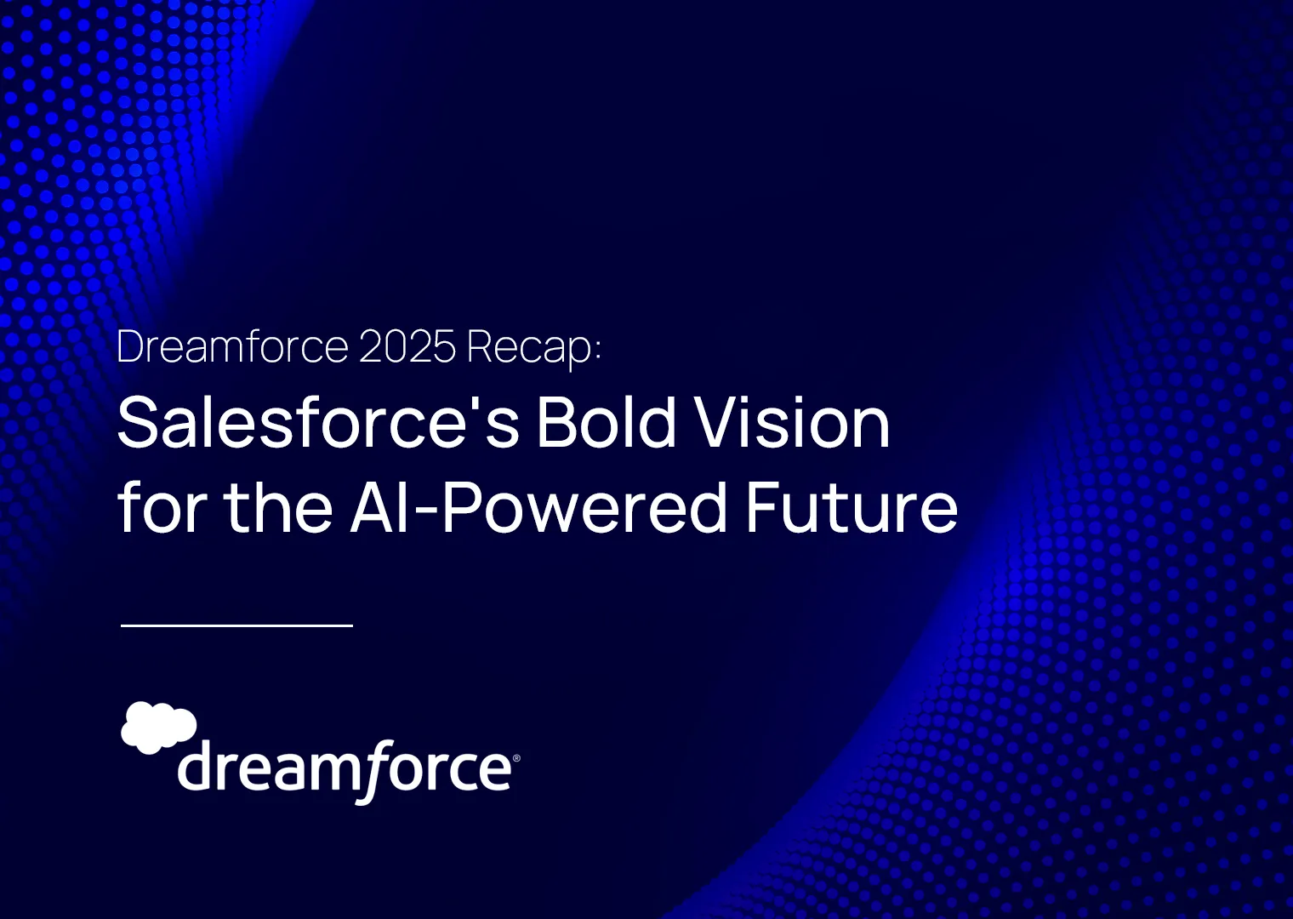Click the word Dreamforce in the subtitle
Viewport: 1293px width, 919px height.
point(232,346)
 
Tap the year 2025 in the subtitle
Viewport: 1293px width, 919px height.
point(407,346)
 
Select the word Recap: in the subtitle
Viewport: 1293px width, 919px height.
point(534,349)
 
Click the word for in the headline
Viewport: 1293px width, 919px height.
point(162,505)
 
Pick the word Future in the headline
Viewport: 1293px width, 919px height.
point(852,505)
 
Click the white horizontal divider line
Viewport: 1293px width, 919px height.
point(236,625)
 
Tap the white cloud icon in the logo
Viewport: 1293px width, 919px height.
point(159,728)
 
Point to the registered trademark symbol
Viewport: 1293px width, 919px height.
point(516,758)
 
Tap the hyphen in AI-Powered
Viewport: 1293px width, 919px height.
point(428,510)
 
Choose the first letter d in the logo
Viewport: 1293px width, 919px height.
point(196,767)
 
